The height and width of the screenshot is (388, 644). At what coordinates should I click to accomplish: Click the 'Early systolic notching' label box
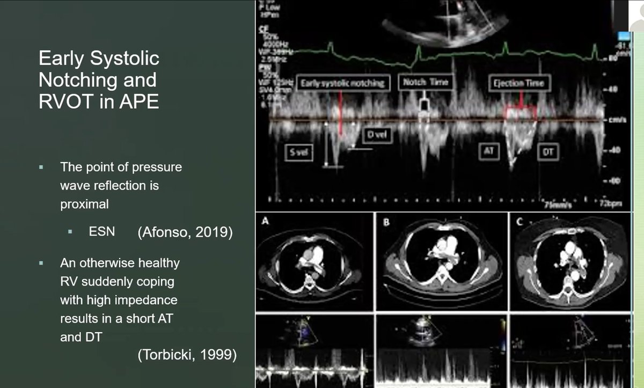click(342, 83)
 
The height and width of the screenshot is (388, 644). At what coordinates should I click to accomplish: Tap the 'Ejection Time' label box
click(519, 83)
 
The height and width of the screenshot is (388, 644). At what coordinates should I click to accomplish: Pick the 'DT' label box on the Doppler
click(548, 152)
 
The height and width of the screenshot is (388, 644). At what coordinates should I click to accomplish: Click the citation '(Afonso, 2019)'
click(185, 233)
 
